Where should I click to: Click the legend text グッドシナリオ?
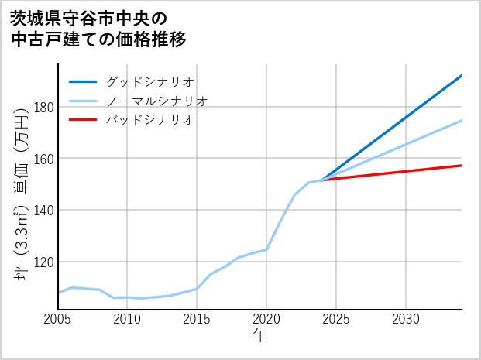click(x=149, y=81)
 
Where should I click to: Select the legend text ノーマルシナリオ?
click(x=156, y=101)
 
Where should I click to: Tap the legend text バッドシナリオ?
click(x=149, y=120)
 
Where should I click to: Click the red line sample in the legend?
click(x=83, y=120)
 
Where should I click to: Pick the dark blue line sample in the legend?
click(x=83, y=81)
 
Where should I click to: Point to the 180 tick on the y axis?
click(x=43, y=107)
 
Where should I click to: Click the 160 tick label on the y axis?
click(x=43, y=159)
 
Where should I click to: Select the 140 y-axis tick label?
click(x=43, y=210)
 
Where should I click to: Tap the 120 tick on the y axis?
click(x=43, y=262)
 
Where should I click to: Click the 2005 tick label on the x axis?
click(x=58, y=319)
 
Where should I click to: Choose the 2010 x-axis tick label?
click(x=128, y=319)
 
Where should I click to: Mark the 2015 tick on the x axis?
click(x=197, y=319)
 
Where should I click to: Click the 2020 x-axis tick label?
click(x=266, y=319)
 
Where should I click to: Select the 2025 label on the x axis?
click(x=336, y=319)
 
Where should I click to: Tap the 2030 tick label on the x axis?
click(x=406, y=319)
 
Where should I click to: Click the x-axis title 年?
click(x=260, y=336)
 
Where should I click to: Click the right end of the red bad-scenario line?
click(x=461, y=165)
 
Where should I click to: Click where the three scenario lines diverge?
click(x=322, y=180)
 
